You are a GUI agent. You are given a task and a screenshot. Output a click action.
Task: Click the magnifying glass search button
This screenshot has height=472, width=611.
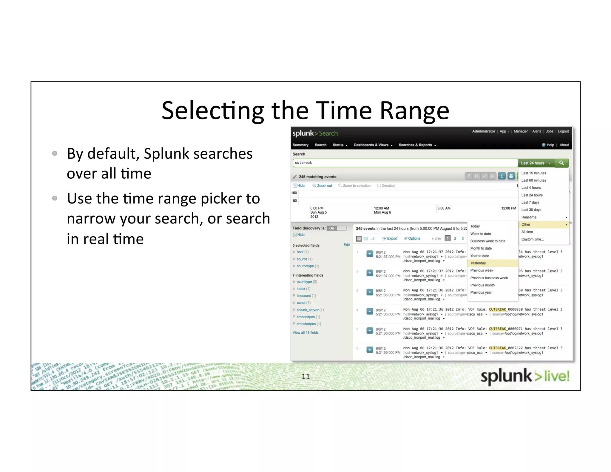(x=561, y=163)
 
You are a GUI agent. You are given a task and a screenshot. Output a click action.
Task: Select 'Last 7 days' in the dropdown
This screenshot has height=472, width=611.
(x=530, y=202)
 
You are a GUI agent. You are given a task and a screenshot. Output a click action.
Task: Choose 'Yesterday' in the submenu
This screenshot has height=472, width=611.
(x=478, y=263)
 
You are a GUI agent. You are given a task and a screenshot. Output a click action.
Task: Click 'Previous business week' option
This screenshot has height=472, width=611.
(x=489, y=278)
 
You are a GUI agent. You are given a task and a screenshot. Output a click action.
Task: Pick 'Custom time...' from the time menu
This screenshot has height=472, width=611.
(x=533, y=239)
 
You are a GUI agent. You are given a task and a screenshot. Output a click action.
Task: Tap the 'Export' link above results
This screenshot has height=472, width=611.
(x=392, y=238)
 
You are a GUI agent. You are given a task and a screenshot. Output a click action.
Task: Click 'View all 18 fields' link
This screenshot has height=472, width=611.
(x=305, y=332)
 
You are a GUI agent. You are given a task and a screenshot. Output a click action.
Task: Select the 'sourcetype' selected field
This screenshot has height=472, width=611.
(x=305, y=266)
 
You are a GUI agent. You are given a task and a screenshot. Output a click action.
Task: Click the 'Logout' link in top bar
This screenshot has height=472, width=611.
(x=563, y=131)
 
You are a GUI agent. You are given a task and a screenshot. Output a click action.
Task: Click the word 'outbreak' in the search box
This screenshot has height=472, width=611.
(x=303, y=163)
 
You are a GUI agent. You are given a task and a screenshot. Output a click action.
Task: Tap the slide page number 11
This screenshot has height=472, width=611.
(x=305, y=377)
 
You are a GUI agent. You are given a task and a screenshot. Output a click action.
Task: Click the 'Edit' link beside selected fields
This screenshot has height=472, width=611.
(x=346, y=245)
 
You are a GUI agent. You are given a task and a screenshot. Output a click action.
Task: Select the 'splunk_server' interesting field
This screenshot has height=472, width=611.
(x=308, y=310)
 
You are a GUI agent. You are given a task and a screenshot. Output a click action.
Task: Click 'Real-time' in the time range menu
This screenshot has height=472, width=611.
(x=529, y=217)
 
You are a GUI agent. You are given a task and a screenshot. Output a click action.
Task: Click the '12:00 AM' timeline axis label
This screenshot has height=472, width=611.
(x=381, y=208)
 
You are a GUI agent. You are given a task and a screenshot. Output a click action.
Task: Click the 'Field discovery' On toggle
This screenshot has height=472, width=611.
(x=337, y=228)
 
